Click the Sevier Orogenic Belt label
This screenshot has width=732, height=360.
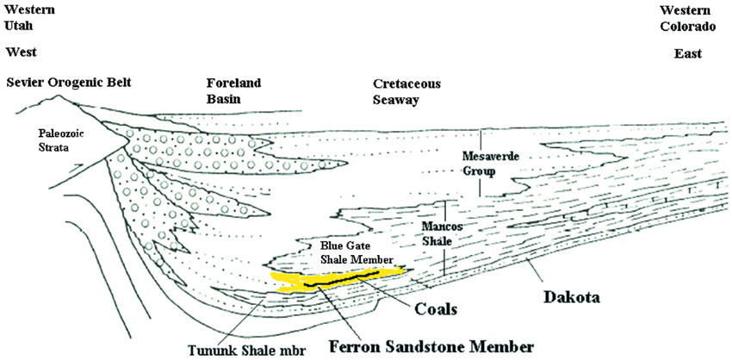[69, 84]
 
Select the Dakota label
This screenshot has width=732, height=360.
[574, 296]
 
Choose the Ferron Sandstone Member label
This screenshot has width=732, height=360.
[431, 347]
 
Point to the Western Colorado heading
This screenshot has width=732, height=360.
[688, 17]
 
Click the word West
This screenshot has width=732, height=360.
[21, 52]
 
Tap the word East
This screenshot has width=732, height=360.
[688, 53]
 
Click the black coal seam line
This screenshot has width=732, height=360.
[341, 279]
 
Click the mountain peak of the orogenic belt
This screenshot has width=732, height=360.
[59, 96]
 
